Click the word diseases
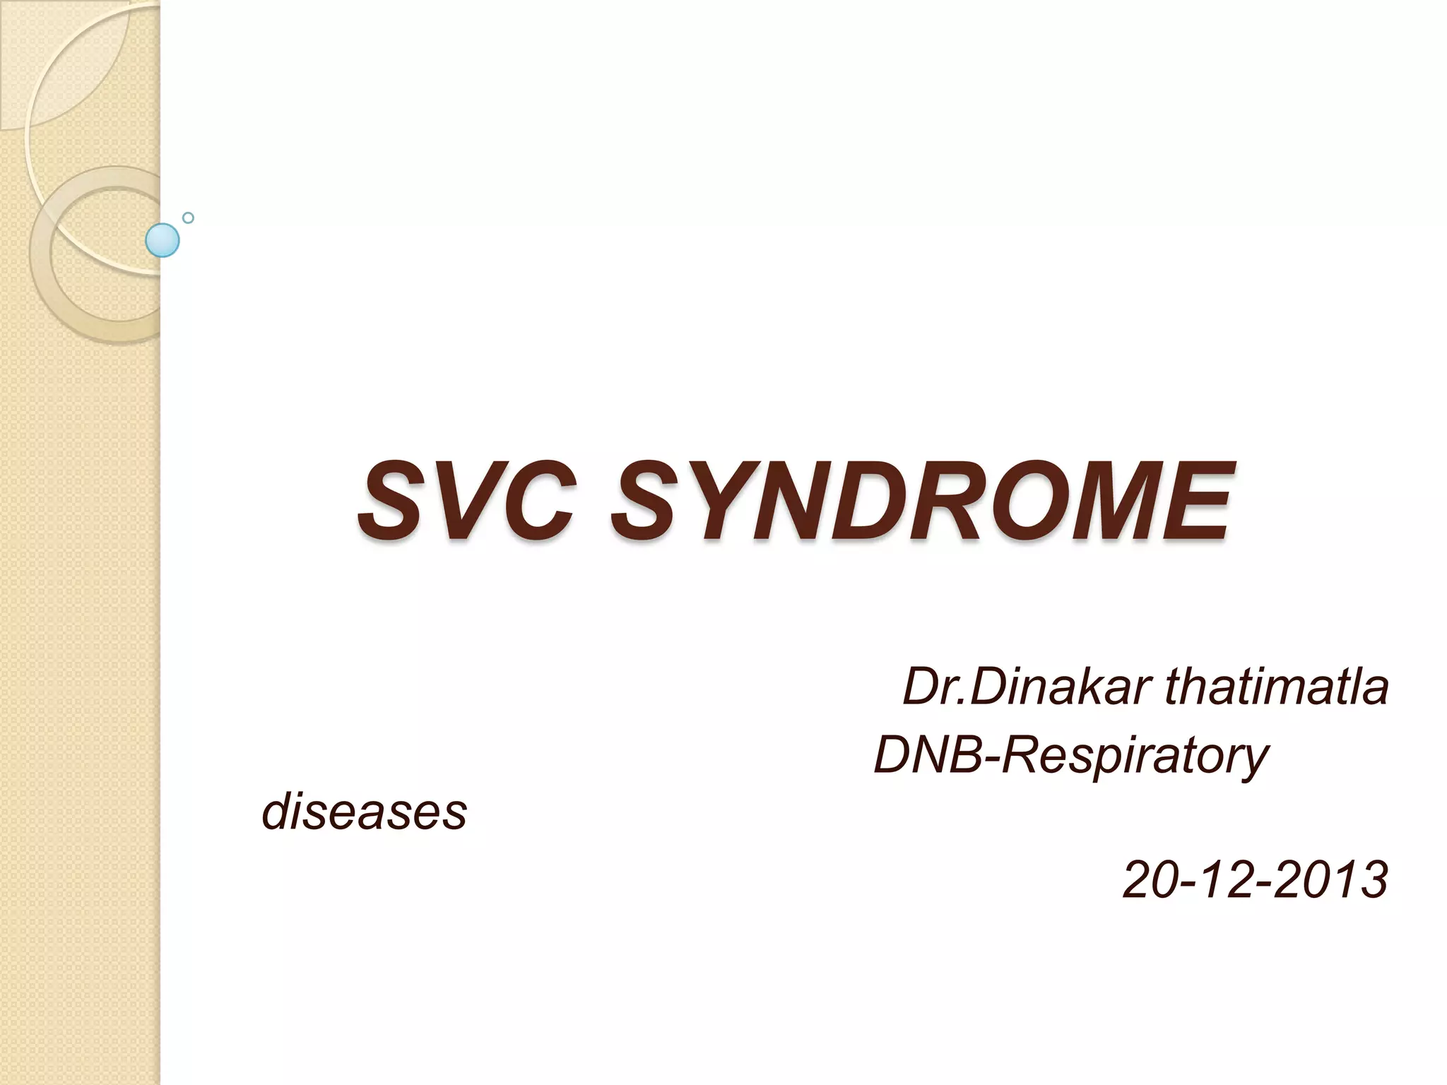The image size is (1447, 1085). [x=365, y=812]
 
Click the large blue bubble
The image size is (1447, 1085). [x=163, y=240]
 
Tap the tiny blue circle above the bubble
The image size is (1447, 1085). [x=188, y=218]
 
